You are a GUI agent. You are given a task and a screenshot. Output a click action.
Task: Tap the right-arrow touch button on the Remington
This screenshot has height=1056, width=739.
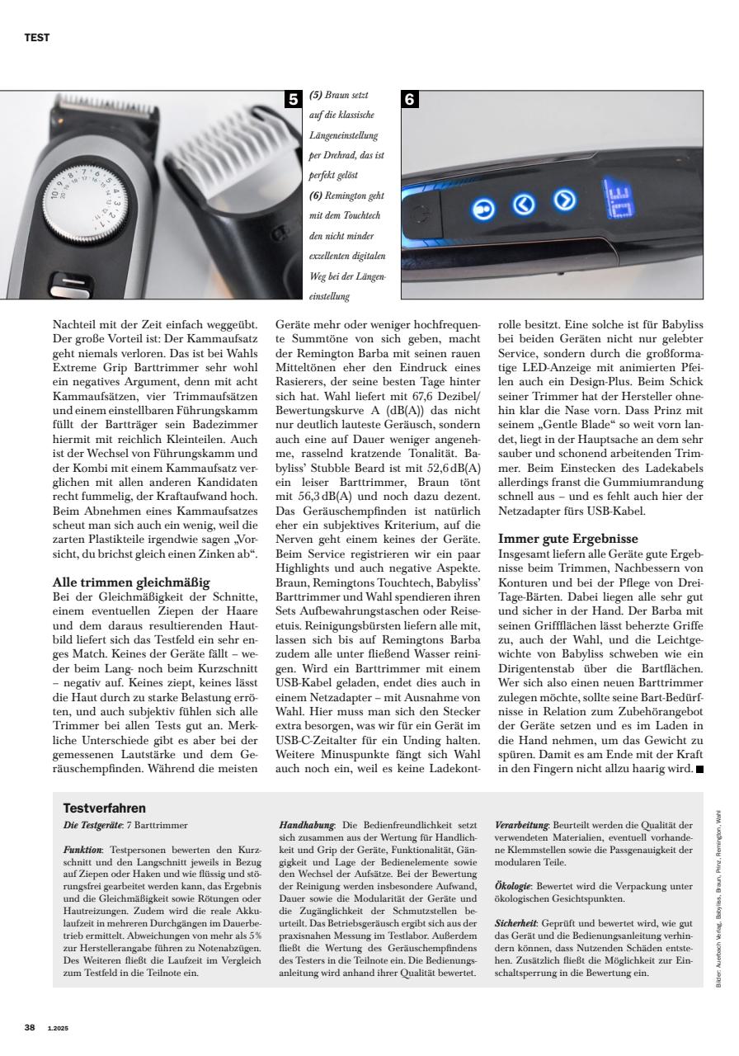pyautogui.click(x=564, y=200)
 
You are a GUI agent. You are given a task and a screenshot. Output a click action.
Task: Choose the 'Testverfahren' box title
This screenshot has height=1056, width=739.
pyautogui.click(x=105, y=808)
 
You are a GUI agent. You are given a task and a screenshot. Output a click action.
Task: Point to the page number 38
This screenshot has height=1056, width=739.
pyautogui.click(x=29, y=1027)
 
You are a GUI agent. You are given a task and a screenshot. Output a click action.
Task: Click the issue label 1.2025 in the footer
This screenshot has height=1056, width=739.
pyautogui.click(x=59, y=1028)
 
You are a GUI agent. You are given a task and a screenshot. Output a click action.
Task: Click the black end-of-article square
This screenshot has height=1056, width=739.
pyautogui.click(x=700, y=771)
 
